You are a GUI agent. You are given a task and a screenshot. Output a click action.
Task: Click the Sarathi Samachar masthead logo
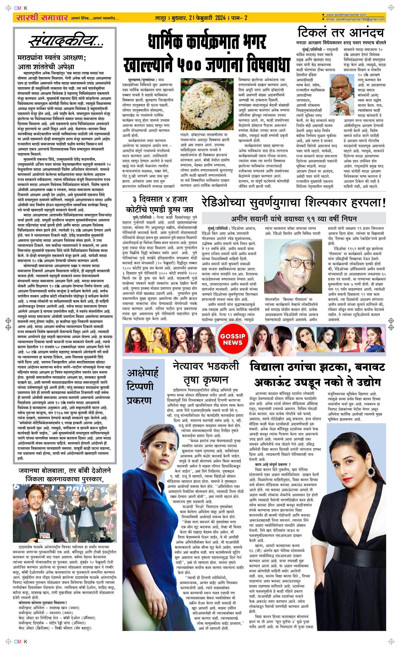[41, 18]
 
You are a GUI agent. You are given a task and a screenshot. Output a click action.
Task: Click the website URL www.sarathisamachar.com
[346, 15]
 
